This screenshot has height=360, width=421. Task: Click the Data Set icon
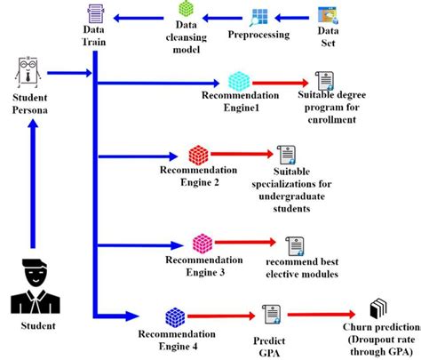coord(328,16)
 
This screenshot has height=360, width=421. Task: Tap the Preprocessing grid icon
coord(262,18)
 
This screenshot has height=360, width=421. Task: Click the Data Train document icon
coord(97,13)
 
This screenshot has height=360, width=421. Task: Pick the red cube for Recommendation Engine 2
coord(199,155)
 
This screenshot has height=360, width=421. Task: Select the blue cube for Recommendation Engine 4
coord(176,316)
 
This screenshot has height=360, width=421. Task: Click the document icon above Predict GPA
coord(270,314)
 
